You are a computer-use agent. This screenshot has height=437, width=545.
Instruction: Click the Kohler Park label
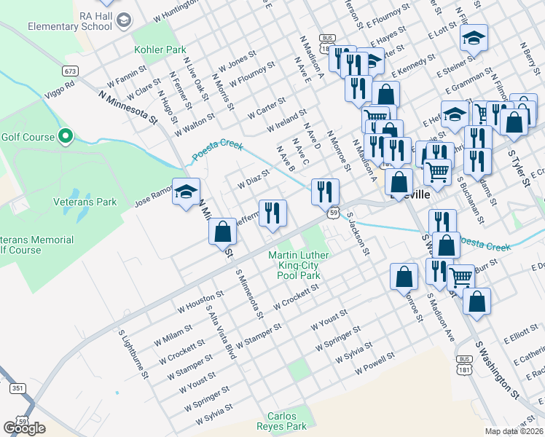click(x=160, y=50)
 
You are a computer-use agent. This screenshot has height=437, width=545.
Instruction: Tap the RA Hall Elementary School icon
click(x=123, y=20)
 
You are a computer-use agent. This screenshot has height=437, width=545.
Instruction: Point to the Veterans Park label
click(x=85, y=202)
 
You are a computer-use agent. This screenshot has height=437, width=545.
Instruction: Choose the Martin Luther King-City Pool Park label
click(x=299, y=266)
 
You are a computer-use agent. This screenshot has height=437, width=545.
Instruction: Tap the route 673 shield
click(x=70, y=71)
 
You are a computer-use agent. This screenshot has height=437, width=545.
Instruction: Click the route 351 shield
click(x=17, y=389)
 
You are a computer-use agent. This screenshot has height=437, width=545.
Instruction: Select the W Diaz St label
click(x=254, y=178)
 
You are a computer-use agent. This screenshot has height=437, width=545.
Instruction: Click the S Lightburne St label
click(x=134, y=353)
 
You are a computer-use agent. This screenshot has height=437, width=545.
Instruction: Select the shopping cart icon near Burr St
click(x=460, y=277)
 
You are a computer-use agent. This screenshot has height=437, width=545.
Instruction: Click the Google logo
click(x=24, y=428)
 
